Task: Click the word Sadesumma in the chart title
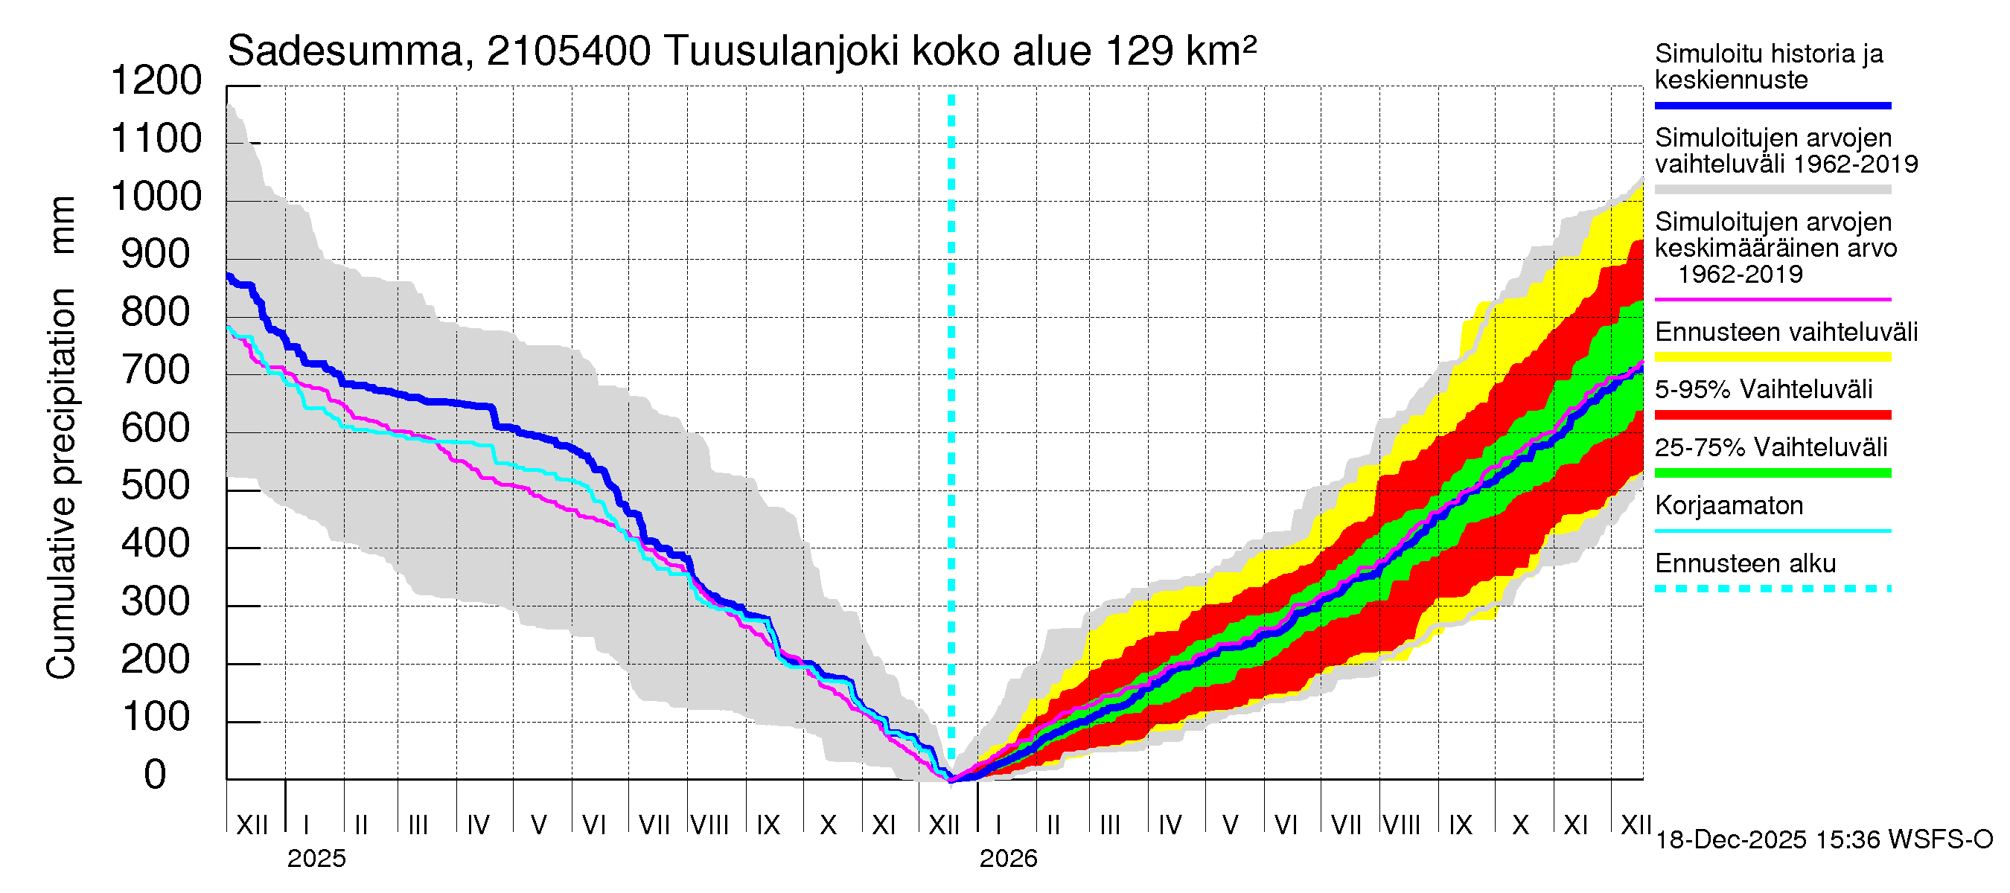[x=345, y=52]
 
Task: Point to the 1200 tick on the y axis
[x=156, y=81]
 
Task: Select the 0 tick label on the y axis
[x=156, y=775]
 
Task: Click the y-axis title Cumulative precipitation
[x=61, y=484]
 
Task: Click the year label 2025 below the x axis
[x=316, y=859]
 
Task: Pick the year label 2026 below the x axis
[x=1008, y=859]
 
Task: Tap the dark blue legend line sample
[x=1772, y=105]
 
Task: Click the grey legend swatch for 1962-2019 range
[x=1772, y=190]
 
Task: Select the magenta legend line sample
[x=1772, y=299]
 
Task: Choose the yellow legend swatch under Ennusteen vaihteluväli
[x=1772, y=357]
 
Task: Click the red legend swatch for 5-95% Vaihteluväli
[x=1772, y=415]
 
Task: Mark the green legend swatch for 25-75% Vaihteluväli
[x=1772, y=473]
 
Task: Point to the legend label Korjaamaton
[x=1729, y=506]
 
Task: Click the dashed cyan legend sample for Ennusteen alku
[x=1772, y=589]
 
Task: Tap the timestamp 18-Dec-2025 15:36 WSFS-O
[x=1823, y=840]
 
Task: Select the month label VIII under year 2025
[x=709, y=825]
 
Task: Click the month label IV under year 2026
[x=1170, y=825]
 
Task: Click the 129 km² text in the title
[x=1181, y=52]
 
